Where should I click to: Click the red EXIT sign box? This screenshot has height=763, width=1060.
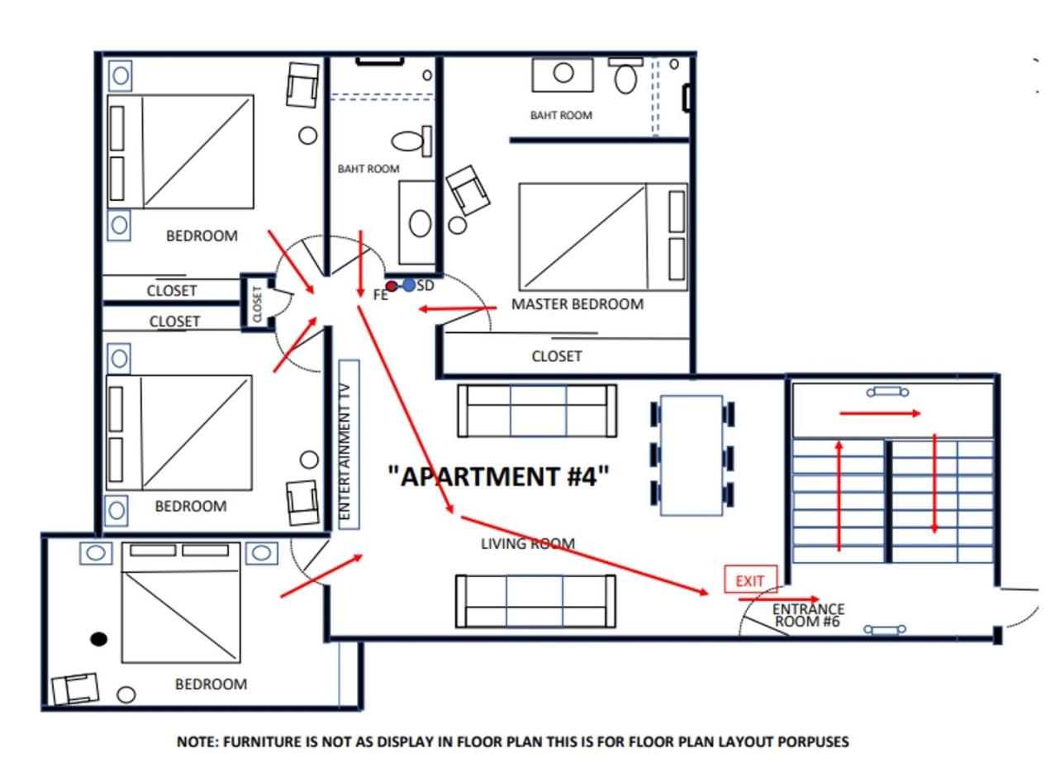pyautogui.click(x=750, y=579)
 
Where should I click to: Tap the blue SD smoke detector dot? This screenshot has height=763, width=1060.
pyautogui.click(x=408, y=285)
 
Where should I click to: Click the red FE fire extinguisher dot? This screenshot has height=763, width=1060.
pyautogui.click(x=392, y=286)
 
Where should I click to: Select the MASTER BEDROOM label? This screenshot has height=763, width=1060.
pyautogui.click(x=578, y=304)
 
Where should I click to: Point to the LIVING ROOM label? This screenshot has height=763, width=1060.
pyautogui.click(x=528, y=544)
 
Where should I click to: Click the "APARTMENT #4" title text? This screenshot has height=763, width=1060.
pyautogui.click(x=498, y=476)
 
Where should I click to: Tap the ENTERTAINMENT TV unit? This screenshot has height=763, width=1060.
pyautogui.click(x=349, y=444)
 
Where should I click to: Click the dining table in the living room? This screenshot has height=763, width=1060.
pyautogui.click(x=692, y=455)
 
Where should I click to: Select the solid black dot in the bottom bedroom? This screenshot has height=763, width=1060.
pyautogui.click(x=99, y=639)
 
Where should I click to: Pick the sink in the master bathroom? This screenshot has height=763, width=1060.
pyautogui.click(x=563, y=74)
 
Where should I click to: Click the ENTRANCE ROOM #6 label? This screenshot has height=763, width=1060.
pyautogui.click(x=808, y=615)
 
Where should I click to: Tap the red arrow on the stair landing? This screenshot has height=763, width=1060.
pyautogui.click(x=880, y=413)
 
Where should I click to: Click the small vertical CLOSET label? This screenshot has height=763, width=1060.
pyautogui.click(x=258, y=303)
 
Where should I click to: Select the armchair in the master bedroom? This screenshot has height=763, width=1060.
pyautogui.click(x=468, y=190)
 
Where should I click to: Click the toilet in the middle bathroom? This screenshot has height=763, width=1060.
pyautogui.click(x=411, y=141)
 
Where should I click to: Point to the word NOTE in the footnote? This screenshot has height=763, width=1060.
pyautogui.click(x=197, y=742)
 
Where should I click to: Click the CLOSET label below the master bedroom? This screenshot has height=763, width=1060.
pyautogui.click(x=557, y=356)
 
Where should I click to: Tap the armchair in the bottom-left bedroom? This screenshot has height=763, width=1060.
pyautogui.click(x=76, y=689)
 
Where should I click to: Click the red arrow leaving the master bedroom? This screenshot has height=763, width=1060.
pyautogui.click(x=458, y=309)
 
